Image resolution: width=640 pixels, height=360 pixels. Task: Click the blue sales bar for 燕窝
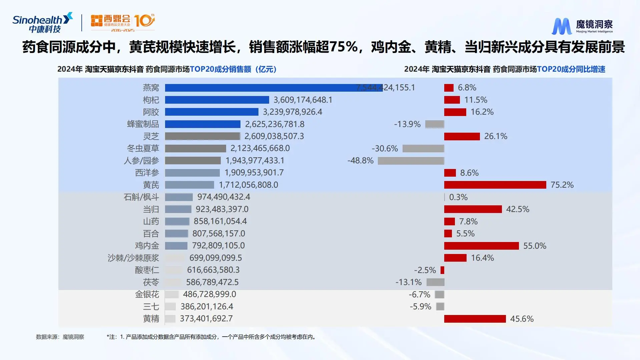pyautogui.click(x=273, y=88)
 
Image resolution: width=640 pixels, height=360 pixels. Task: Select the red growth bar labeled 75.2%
pyautogui.click(x=495, y=185)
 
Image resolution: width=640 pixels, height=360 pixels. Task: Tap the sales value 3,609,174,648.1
pyautogui.click(x=303, y=100)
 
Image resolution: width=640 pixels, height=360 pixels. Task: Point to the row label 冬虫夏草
pyautogui.click(x=143, y=148)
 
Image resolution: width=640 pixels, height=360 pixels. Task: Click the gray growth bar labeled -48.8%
pyautogui.click(x=411, y=161)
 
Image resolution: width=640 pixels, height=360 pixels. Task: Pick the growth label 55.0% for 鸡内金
pyautogui.click(x=534, y=246)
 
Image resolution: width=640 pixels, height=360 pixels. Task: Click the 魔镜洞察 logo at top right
pyautogui.click(x=582, y=26)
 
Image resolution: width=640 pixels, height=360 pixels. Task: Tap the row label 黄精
pyautogui.click(x=151, y=319)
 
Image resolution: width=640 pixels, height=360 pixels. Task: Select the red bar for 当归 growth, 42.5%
pyautogui.click(x=473, y=209)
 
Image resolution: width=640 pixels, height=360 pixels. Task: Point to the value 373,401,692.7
pyautogui.click(x=206, y=319)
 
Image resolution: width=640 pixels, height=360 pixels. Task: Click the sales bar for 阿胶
pyautogui.click(x=211, y=112)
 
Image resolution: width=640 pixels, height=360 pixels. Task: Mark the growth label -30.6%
pyautogui.click(x=385, y=149)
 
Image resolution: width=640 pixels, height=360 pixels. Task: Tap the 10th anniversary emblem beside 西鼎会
pyautogui.click(x=144, y=21)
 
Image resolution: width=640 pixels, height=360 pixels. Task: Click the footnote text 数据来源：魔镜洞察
pyautogui.click(x=60, y=337)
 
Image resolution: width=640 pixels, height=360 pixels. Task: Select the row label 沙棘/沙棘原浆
pyautogui.click(x=133, y=258)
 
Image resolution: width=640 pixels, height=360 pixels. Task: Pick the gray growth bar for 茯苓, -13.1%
pyautogui.click(x=435, y=282)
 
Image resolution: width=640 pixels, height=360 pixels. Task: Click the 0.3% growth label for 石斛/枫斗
pyautogui.click(x=458, y=197)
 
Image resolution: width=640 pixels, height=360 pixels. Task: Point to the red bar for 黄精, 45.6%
pyautogui.click(x=475, y=319)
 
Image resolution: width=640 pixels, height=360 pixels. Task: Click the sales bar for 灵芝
pyautogui.click(x=202, y=136)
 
